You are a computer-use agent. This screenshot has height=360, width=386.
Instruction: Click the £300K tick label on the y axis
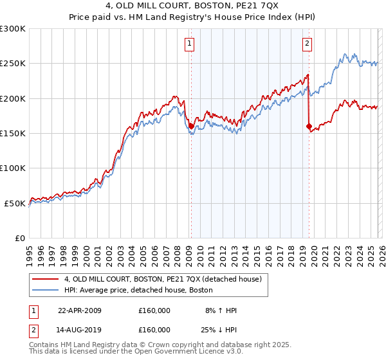coord(13,29)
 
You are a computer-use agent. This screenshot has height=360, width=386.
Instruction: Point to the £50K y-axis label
coord(15,203)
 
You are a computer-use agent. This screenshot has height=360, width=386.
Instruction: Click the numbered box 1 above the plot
coord(190,44)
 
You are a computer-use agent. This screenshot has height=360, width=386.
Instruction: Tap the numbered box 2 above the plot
coord(307,44)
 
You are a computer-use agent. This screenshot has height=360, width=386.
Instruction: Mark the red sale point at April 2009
coord(191,127)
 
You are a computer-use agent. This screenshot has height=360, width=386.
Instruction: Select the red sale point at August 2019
coord(309,127)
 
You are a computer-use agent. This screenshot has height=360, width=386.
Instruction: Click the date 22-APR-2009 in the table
coord(79,310)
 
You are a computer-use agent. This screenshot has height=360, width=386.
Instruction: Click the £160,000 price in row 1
coord(154,310)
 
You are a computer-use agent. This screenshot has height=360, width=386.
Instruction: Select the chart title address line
coord(192,7)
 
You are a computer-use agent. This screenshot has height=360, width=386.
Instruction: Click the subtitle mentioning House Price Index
coord(192,19)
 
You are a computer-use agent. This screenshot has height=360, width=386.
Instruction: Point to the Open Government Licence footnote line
coord(136,352)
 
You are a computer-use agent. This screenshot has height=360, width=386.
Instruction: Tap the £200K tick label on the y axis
coord(13,99)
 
